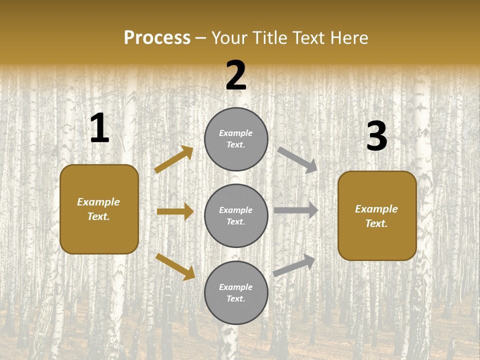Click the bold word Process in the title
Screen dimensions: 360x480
[157, 38]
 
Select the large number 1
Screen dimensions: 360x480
[99, 129]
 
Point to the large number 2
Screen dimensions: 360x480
[236, 75]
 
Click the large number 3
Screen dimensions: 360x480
[376, 136]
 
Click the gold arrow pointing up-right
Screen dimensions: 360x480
[174, 159]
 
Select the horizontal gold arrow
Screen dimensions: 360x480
[175, 211]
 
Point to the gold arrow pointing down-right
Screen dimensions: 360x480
[175, 266]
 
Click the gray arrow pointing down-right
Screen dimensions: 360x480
[297, 159]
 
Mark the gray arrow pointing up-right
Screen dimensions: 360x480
[294, 265]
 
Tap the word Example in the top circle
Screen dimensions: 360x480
[236, 133]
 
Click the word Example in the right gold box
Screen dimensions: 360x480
[376, 209]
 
